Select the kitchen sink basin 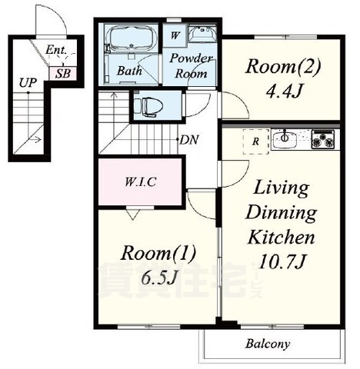(285, 139)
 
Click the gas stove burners (323, 140)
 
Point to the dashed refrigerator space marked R (255, 141)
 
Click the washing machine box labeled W (175, 35)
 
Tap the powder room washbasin (202, 33)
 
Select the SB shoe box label (63, 74)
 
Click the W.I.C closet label (140, 182)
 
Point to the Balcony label (268, 344)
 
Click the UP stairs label (28, 83)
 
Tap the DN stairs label (189, 140)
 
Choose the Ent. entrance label (56, 50)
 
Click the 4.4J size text (283, 91)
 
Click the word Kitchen (282, 238)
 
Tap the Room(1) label (158, 253)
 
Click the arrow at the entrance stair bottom (36, 140)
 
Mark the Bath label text (129, 71)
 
